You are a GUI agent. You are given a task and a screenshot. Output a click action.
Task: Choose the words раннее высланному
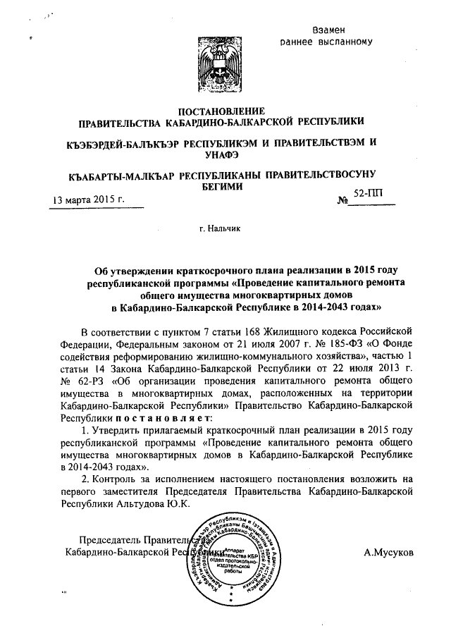point(335,42)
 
